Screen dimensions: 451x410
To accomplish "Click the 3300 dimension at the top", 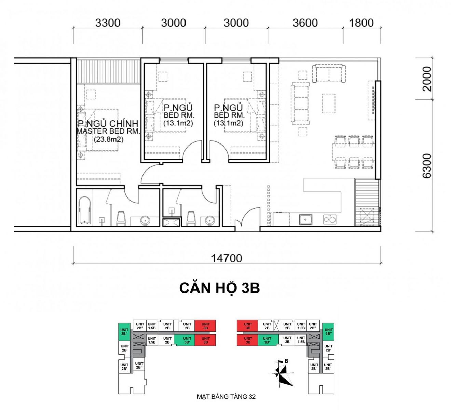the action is [108, 23].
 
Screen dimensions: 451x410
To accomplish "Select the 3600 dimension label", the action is [305, 23].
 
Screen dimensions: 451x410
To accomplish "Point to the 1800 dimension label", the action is [361, 23].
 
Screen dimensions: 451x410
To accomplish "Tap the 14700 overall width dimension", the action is [227, 258].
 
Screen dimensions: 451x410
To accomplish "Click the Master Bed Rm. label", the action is [108, 131].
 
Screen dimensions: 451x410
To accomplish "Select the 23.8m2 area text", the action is [109, 139].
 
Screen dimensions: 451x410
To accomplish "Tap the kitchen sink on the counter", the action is [305, 219].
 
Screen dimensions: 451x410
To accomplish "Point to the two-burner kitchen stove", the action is [330, 219].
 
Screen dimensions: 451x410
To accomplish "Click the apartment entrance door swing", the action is [247, 217].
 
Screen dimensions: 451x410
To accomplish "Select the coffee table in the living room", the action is [328, 103].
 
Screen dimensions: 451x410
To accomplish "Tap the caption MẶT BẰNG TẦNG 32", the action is [226, 397].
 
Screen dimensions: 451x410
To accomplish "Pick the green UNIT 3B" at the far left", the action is [124, 332].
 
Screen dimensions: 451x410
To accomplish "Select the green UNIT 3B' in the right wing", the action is [267, 340].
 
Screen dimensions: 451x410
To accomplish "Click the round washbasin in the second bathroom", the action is [209, 220].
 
